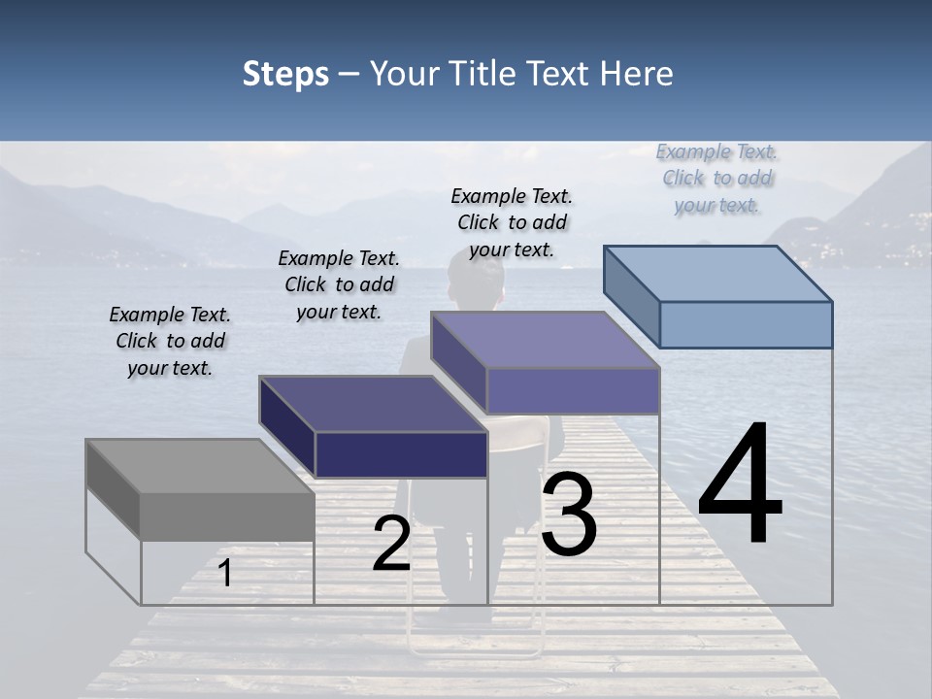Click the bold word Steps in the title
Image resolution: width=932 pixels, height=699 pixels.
tap(285, 74)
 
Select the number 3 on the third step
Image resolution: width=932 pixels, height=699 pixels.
tap(569, 515)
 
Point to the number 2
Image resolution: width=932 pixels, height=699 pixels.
tap(391, 545)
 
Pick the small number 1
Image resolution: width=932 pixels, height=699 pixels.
tap(225, 574)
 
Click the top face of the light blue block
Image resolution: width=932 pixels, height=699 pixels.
tap(718, 274)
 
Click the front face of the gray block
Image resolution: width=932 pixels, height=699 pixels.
tap(227, 516)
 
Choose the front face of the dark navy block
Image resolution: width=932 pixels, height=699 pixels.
tap(401, 454)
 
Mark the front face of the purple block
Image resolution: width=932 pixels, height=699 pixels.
tap(573, 391)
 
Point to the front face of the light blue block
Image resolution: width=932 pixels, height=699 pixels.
tap(746, 324)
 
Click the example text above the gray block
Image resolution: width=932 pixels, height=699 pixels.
tap(170, 342)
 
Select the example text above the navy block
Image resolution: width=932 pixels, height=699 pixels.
tap(339, 284)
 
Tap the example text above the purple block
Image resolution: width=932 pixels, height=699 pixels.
tap(512, 222)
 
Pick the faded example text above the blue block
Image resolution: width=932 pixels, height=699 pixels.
tap(717, 178)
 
